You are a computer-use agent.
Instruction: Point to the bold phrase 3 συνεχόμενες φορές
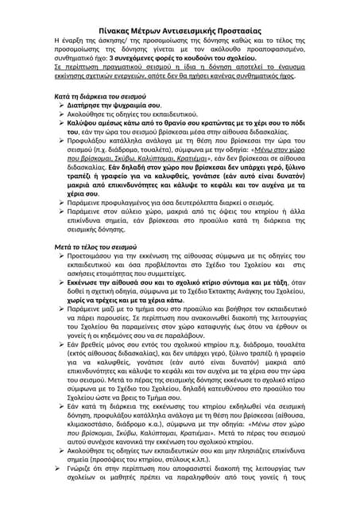pos(147,59)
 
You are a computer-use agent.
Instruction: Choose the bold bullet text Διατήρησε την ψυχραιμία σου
pos(120,105)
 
